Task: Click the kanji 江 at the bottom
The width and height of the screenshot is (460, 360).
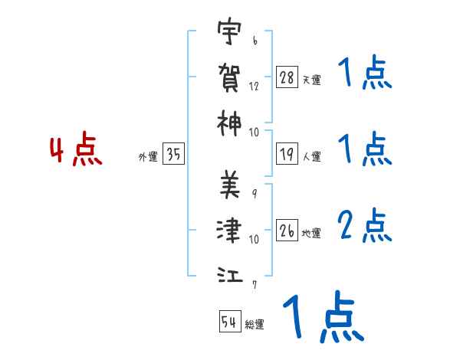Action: pos(229,273)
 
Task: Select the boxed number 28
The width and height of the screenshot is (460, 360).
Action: pos(287,77)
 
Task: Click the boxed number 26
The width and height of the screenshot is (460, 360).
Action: pos(287,231)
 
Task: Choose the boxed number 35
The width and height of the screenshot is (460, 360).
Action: pos(174,155)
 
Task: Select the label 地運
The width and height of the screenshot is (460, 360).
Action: pos(311,233)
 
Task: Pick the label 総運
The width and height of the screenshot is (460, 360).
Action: pos(255,324)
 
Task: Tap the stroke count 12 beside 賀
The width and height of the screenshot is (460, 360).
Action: pos(254,87)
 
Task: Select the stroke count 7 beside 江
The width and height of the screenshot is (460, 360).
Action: pos(254,284)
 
